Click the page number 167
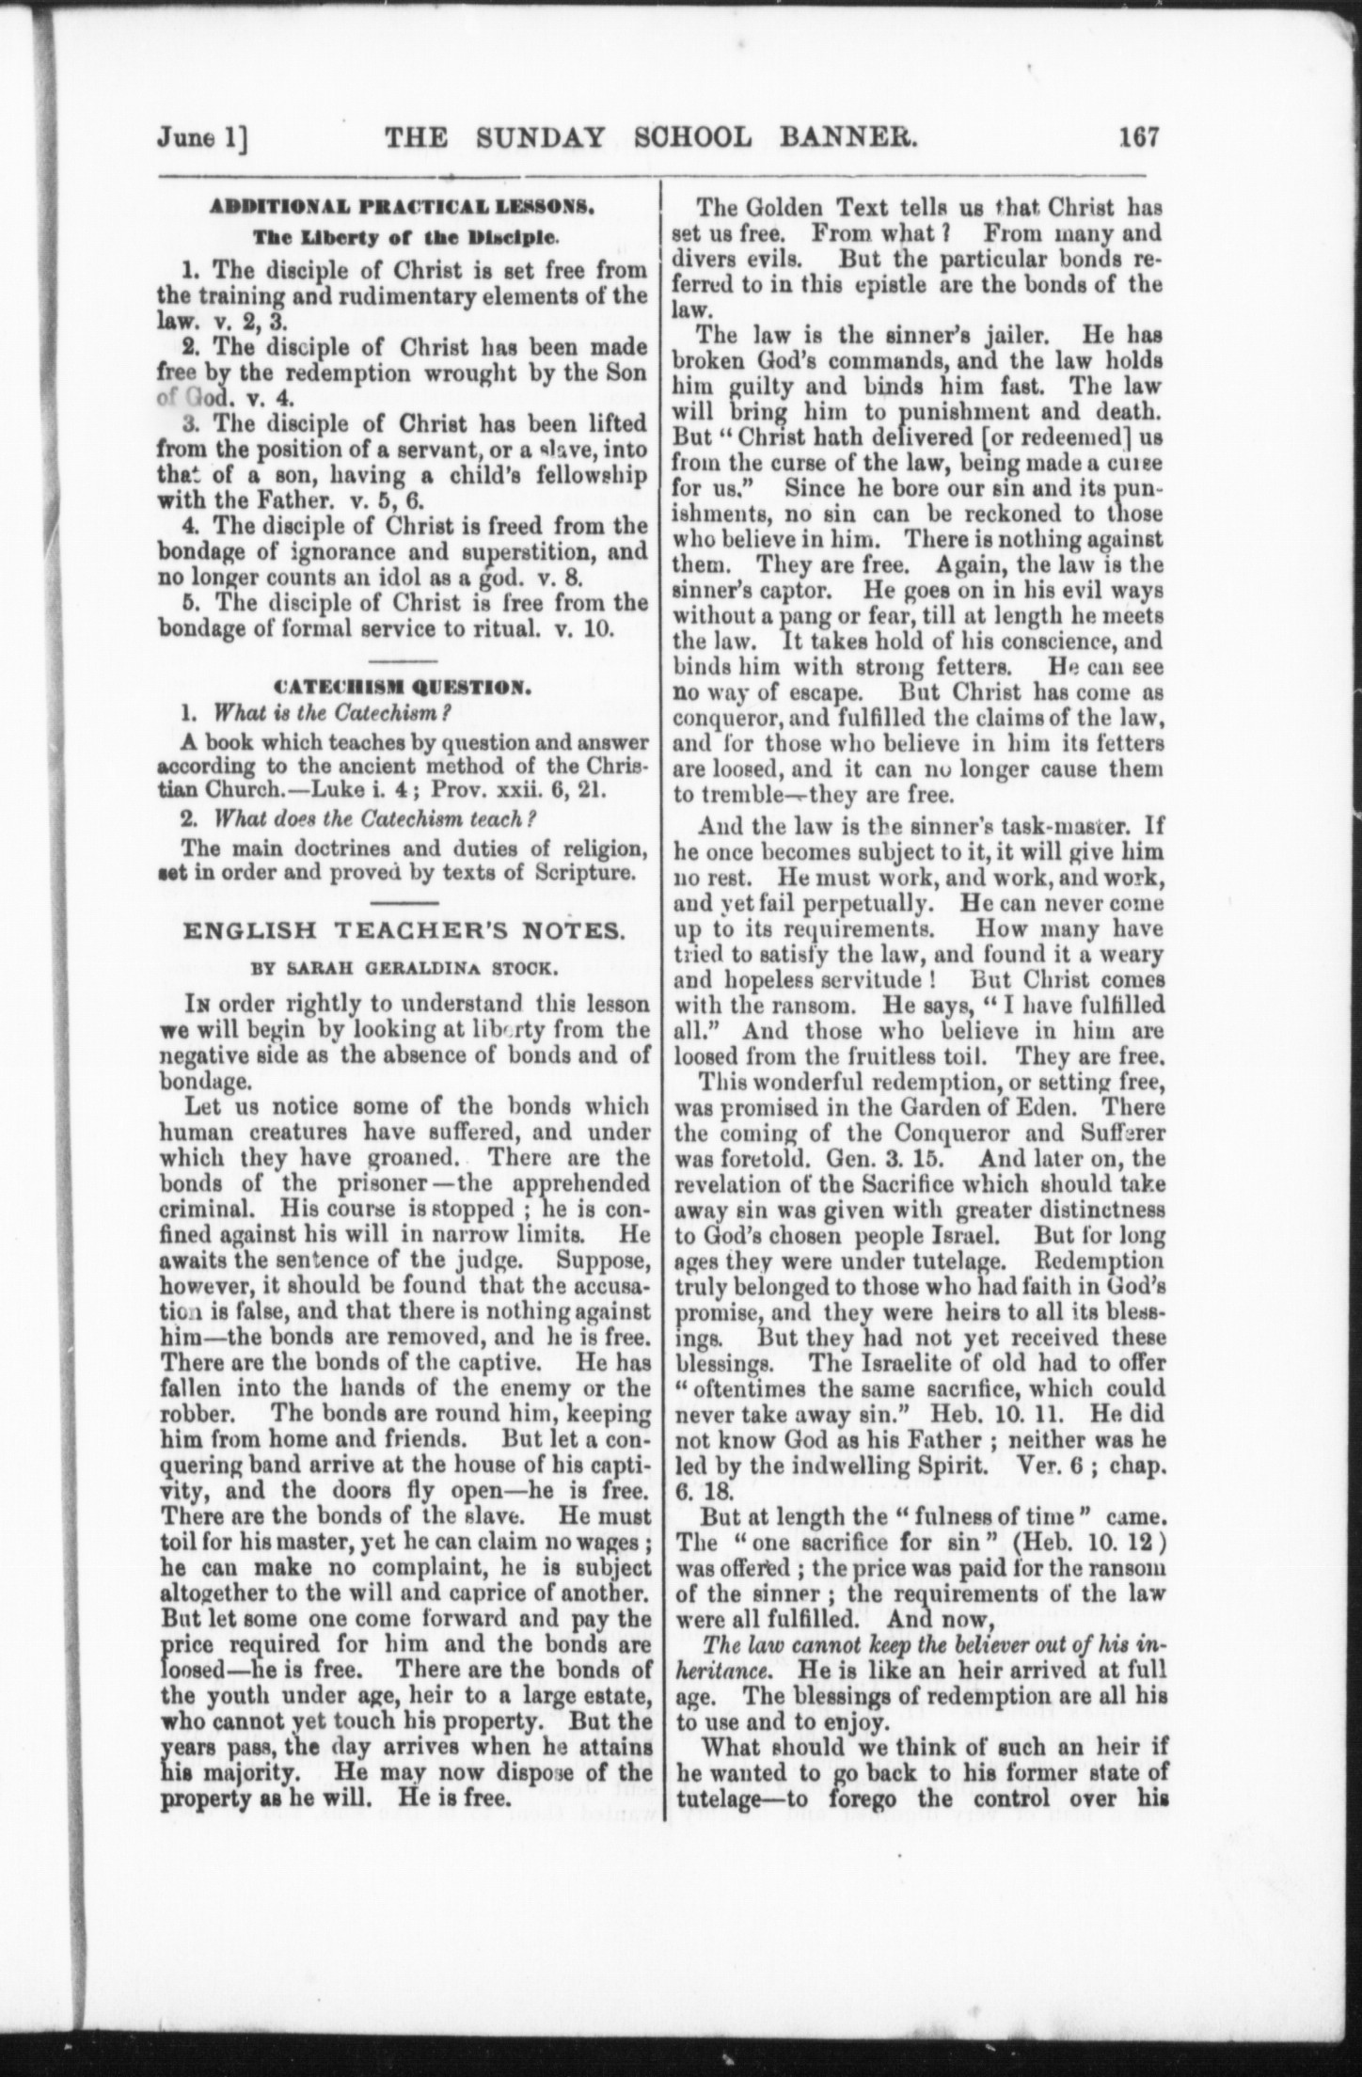(x=1140, y=137)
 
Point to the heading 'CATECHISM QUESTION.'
(x=400, y=688)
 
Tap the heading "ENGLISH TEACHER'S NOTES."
(x=400, y=932)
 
